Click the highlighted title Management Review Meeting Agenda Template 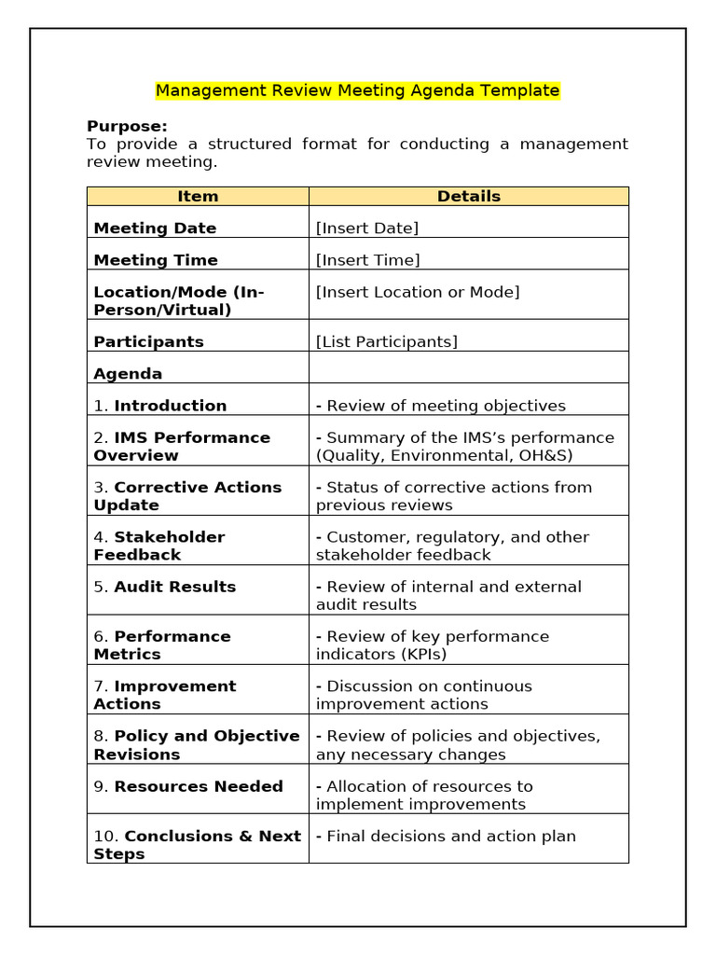357,90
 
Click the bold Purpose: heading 127,126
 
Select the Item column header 198,196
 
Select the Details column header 468,196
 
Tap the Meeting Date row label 155,228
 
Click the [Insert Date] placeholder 367,228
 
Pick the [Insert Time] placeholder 367,260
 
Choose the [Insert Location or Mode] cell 418,292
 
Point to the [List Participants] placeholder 387,341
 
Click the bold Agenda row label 128,374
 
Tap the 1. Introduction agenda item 159,406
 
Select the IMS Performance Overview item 182,446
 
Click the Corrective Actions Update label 186,496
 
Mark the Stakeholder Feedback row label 158,546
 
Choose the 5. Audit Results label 164,587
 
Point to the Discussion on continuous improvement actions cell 424,695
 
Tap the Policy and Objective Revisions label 196,744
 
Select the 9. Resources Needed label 187,786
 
